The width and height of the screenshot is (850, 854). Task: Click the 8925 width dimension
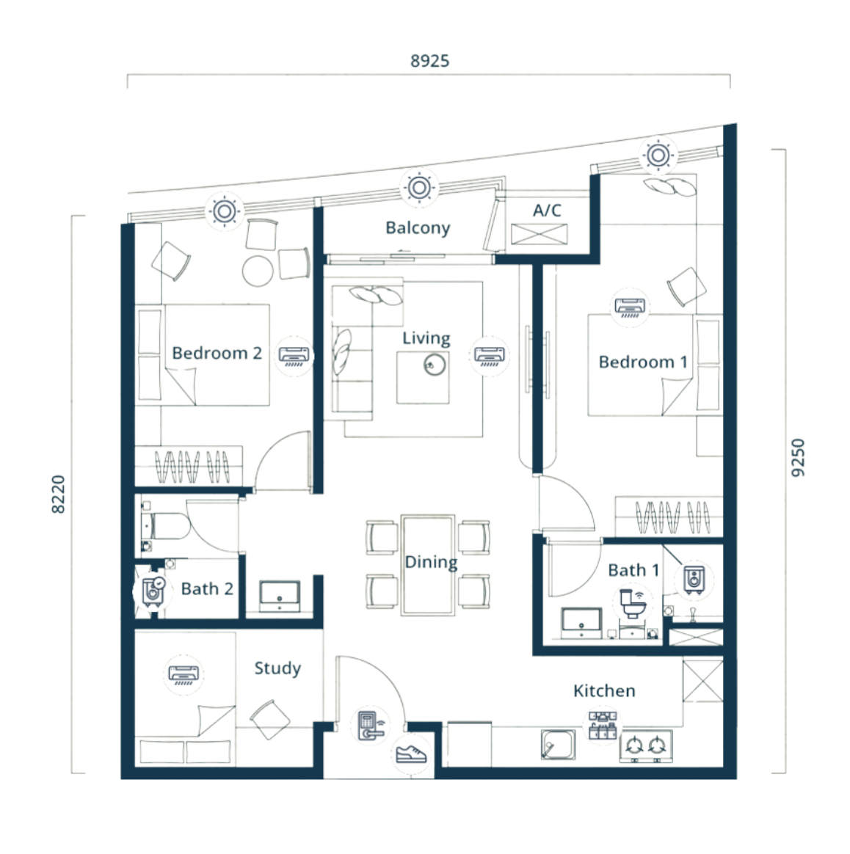(x=430, y=61)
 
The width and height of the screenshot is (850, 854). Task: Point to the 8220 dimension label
(x=58, y=494)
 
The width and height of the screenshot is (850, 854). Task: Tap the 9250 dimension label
(x=797, y=458)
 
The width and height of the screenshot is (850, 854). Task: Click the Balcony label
(x=418, y=227)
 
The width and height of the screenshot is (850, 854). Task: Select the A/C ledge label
(x=547, y=211)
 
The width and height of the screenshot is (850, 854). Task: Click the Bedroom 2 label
(x=217, y=353)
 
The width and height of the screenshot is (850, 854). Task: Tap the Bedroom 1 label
(x=643, y=362)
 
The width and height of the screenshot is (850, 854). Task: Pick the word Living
(x=426, y=338)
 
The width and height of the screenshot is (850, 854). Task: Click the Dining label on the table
(x=431, y=561)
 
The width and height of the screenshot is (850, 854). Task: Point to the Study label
(x=277, y=668)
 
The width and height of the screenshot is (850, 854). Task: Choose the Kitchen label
(x=604, y=690)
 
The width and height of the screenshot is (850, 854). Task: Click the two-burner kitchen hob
(x=646, y=745)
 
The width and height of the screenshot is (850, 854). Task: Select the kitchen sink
(x=558, y=745)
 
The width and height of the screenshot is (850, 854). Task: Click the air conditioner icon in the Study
(x=184, y=675)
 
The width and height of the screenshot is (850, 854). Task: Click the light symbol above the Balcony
(x=419, y=187)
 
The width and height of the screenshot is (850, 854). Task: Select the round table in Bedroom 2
(x=258, y=271)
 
